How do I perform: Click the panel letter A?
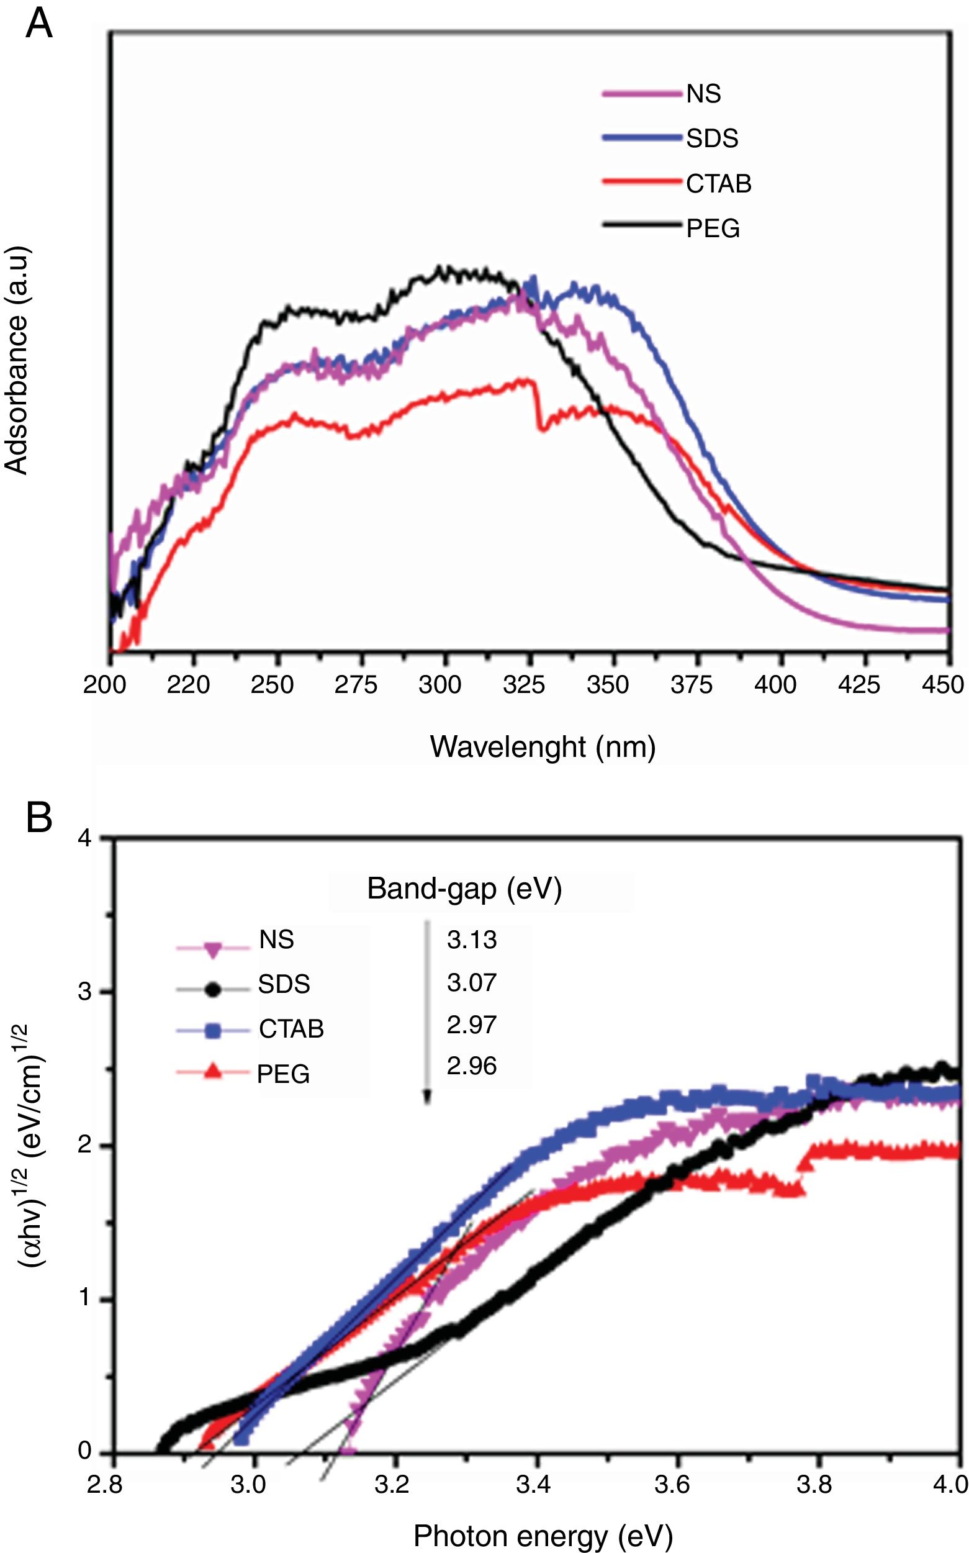coord(38,25)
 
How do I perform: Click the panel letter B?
coord(38,818)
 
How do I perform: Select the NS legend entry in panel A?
coord(703,94)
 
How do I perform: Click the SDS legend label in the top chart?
coord(712,138)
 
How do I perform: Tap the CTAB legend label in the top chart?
coord(718,184)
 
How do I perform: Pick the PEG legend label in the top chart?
coord(713,228)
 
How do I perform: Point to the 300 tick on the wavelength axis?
coord(439,684)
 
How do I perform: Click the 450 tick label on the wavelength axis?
coord(942,684)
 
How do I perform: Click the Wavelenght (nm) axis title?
coord(542,747)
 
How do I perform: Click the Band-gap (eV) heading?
coord(464,889)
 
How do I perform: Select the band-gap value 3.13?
coord(472,939)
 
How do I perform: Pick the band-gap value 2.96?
coord(472,1066)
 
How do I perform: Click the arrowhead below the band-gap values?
coord(428,1098)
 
